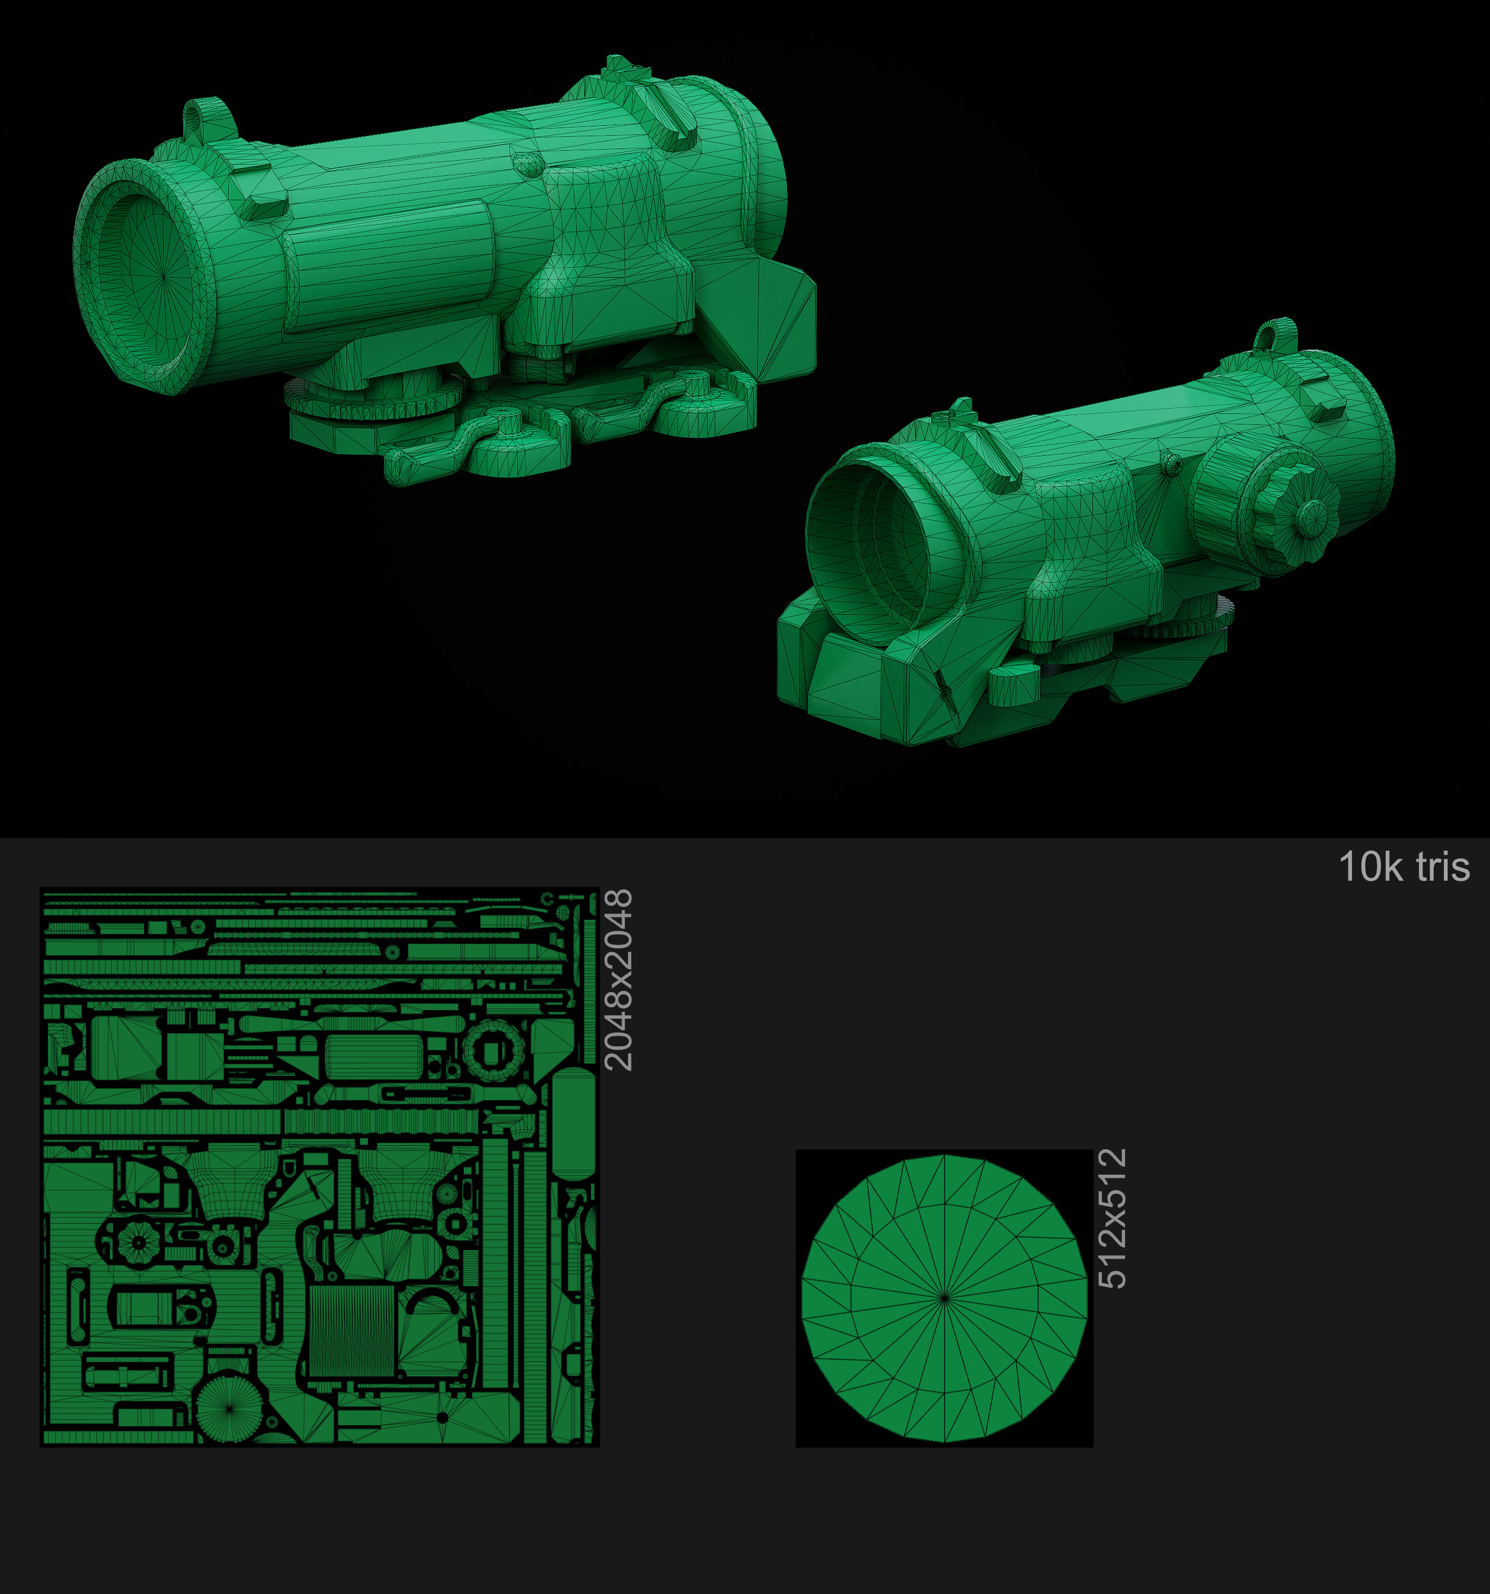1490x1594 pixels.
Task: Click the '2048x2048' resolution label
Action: (618, 979)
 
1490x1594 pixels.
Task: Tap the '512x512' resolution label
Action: (1112, 1218)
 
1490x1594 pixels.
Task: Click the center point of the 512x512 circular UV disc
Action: (945, 1297)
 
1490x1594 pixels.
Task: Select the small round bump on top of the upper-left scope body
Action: (527, 164)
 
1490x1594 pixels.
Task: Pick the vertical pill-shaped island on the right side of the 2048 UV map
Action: (573, 1122)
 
